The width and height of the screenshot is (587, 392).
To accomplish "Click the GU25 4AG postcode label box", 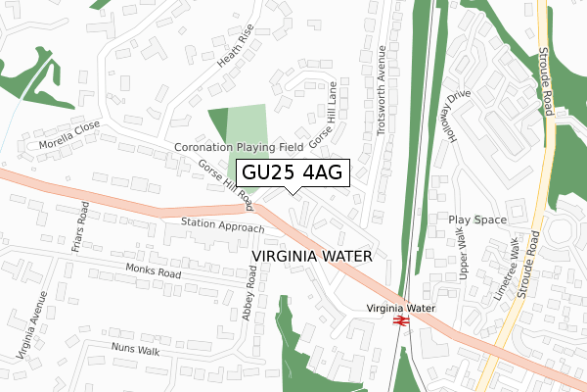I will [292, 172].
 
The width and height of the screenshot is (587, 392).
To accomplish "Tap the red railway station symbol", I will [400, 320].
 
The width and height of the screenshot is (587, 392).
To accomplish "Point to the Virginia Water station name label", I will [400, 307].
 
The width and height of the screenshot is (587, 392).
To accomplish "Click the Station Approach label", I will [222, 225].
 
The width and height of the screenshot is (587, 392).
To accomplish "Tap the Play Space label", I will [477, 220].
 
